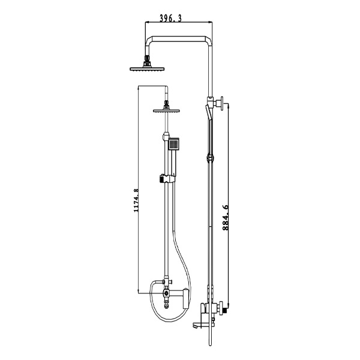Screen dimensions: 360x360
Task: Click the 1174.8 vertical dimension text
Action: click(137, 199)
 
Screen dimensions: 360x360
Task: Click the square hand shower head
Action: click(174, 144)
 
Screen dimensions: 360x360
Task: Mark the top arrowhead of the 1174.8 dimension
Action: click(139, 87)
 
